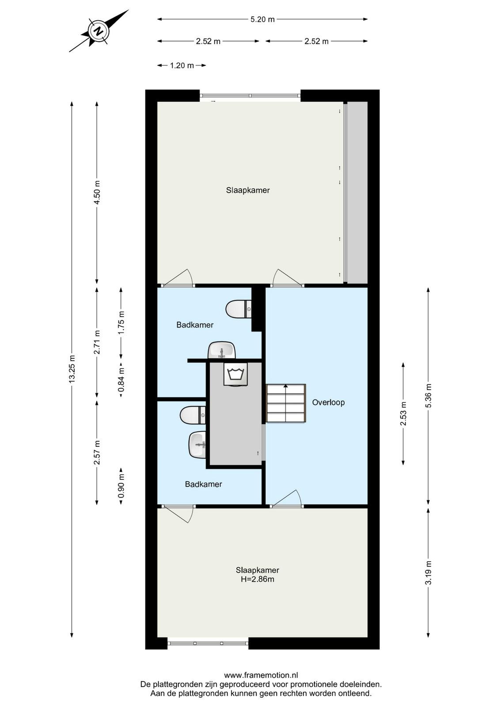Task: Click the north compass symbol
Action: (99, 31)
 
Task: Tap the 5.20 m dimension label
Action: (262, 19)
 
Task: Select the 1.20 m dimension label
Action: (182, 66)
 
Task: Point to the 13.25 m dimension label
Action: (72, 369)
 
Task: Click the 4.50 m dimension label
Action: (97, 192)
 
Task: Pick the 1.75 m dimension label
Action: (121, 323)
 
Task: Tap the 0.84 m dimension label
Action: (121, 379)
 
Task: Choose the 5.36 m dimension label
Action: (428, 396)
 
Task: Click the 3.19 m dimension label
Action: (428, 573)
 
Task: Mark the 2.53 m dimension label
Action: (403, 414)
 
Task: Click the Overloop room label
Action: (328, 403)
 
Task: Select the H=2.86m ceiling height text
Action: (258, 579)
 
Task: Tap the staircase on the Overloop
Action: (286, 403)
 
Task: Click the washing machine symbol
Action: (235, 374)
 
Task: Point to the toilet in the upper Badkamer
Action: (239, 309)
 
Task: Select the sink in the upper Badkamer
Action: (222, 350)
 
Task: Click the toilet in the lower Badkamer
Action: (193, 415)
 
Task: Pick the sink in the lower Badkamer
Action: (197, 445)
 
